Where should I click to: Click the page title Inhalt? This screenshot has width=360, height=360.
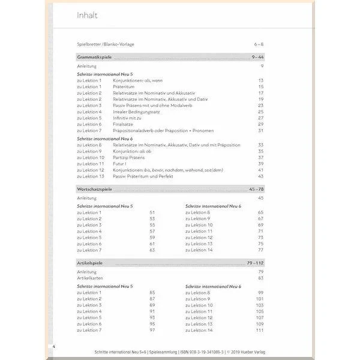[x=88, y=16]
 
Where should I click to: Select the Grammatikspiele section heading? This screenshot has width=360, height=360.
[x=95, y=57]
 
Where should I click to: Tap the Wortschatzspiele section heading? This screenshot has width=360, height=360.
[x=95, y=189]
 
